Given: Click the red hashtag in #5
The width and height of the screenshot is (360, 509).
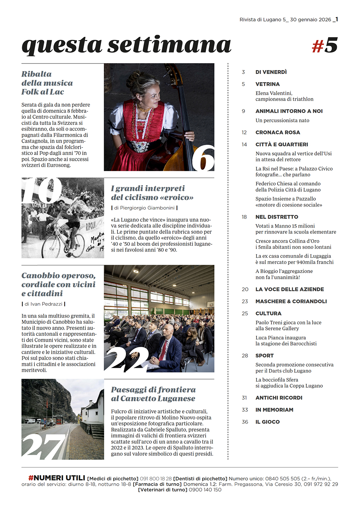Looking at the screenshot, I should click(318, 46).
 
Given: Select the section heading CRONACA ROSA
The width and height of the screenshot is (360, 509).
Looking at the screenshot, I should click(278, 133).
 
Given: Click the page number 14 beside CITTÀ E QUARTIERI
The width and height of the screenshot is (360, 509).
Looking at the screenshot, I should click(244, 144).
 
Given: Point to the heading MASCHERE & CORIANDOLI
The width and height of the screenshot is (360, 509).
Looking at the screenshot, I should click(291, 301).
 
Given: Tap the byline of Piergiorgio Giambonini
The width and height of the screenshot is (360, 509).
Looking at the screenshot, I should click(144, 208).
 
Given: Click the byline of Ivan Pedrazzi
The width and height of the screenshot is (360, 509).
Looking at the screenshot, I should click(43, 304).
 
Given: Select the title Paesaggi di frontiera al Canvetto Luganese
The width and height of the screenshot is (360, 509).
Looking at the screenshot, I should click(153, 394).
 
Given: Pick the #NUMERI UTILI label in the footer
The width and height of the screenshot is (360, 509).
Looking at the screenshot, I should click(57, 478).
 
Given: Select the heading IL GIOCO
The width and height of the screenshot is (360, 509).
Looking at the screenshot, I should click(267, 422).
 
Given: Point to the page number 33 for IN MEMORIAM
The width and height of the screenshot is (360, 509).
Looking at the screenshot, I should click(245, 410).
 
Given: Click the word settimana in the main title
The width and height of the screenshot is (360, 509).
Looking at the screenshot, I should click(169, 45).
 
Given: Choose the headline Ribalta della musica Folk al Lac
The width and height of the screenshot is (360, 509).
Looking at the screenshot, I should click(47, 83).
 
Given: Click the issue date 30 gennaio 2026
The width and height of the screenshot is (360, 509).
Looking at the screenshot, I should click(310, 20).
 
